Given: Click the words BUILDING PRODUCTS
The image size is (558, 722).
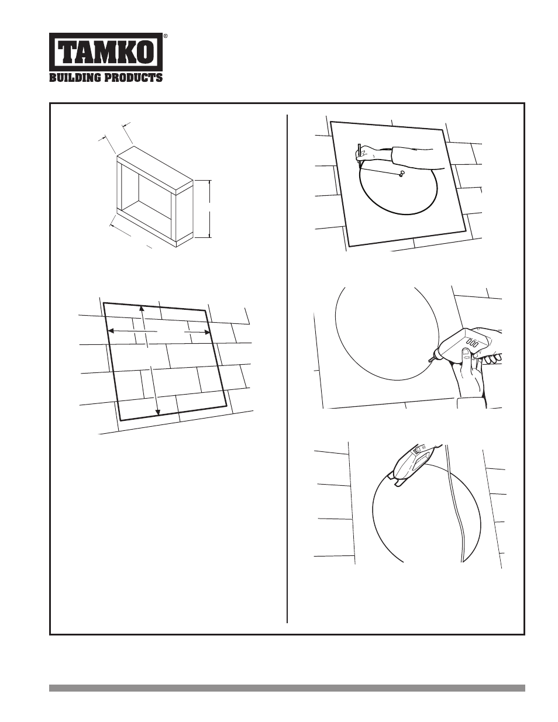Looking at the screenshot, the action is coord(106,77).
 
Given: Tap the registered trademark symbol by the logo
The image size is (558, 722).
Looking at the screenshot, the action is coord(166,35).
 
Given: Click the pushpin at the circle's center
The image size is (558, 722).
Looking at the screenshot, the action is coord(402,173).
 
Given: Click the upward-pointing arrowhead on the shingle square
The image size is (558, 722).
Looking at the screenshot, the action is coord(142,308).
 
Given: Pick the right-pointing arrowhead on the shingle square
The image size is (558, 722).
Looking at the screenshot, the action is coord(207,331).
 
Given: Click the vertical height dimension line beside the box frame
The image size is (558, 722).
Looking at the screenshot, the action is coord(210,209).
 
